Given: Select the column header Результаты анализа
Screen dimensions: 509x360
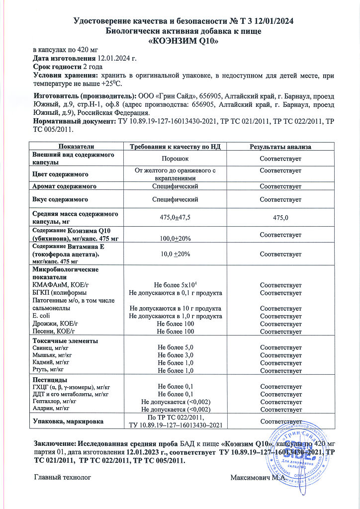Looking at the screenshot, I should (x=280, y=147).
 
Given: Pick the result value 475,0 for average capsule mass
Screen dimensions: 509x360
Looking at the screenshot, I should (x=280, y=217).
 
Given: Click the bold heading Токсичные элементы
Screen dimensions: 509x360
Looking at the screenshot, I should (x=65, y=341).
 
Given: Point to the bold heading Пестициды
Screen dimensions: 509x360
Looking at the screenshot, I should (x=49, y=379).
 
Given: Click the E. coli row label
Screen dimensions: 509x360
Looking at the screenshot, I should (x=41, y=316).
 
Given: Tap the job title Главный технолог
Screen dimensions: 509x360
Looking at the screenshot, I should (x=63, y=478).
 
